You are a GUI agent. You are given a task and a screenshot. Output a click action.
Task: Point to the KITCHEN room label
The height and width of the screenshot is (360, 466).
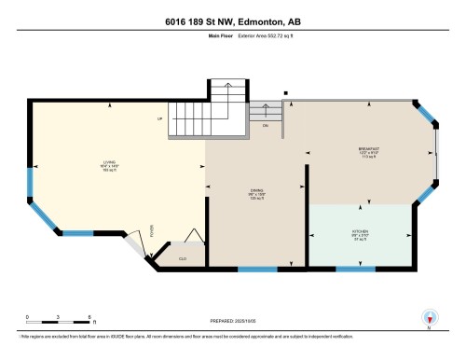coord(359,232)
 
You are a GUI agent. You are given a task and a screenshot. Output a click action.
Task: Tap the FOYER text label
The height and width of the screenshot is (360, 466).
coord(152,230)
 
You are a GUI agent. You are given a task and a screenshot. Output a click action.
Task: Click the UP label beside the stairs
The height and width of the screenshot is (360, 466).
coord(159,119)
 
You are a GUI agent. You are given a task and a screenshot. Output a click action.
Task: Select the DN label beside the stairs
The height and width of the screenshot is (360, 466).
coord(265,124)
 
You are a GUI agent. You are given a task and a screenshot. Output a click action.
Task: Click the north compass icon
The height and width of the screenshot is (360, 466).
coord(429,318)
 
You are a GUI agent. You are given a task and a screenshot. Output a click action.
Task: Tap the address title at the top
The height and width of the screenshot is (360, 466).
coord(232,20)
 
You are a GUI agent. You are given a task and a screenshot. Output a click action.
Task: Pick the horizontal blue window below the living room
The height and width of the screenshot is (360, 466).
coord(92,231)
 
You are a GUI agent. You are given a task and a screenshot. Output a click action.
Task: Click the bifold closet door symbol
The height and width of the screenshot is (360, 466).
coord(193,239)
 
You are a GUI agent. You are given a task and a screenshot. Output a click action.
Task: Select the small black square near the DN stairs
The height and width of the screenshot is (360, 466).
coord(285,92)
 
